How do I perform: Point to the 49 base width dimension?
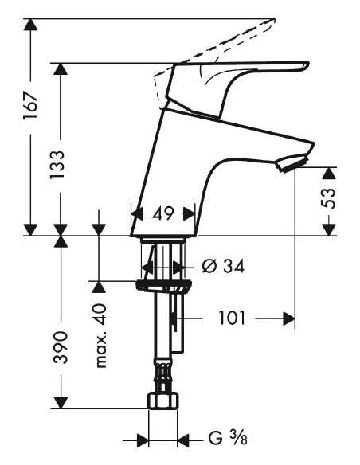[163, 213]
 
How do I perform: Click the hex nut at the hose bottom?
[163, 401]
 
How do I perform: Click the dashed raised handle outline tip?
[271, 20]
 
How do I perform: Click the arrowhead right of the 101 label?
[288, 318]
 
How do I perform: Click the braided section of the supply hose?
[163, 374]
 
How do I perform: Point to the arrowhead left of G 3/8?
[143, 439]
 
